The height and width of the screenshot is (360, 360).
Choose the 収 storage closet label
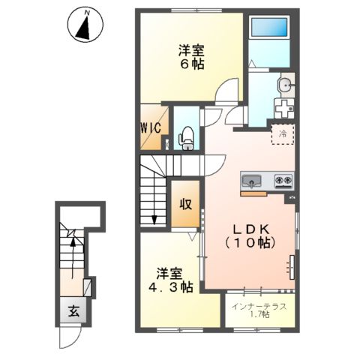[x=184, y=204]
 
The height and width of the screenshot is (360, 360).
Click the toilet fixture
[x=186, y=137]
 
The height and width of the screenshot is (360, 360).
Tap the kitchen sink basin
[x=251, y=181]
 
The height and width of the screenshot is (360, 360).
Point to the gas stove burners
[x=283, y=181]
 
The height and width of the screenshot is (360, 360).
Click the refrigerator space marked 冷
[x=283, y=133]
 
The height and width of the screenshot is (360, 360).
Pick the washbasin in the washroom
[x=286, y=84]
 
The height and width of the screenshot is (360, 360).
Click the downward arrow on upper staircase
[x=154, y=217]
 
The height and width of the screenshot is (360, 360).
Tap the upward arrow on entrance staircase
[x=72, y=240]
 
